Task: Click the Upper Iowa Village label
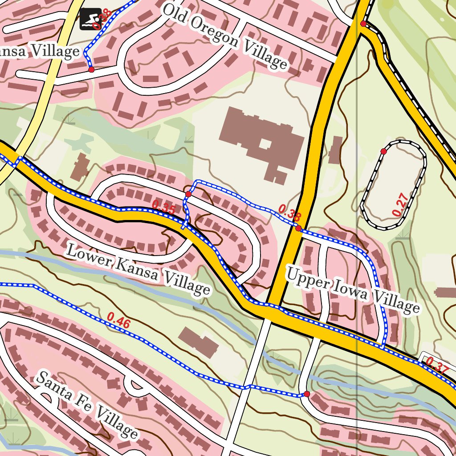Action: click(x=352, y=289)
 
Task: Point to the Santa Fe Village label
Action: click(x=86, y=404)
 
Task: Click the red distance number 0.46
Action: click(x=118, y=321)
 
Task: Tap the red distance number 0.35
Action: click(x=163, y=207)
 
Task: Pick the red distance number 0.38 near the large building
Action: click(x=289, y=212)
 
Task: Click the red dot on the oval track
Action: click(x=383, y=151)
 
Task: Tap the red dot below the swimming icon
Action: click(x=91, y=69)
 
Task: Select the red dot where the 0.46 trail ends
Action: click(x=306, y=394)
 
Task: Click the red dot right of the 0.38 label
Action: click(x=298, y=228)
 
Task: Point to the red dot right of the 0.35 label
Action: click(x=188, y=194)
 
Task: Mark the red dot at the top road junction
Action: click(x=363, y=23)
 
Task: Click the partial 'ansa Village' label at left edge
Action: click(x=40, y=52)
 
